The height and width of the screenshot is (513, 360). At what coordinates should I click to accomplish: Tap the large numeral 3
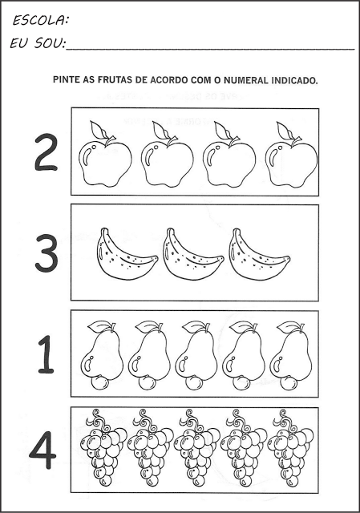tap(47, 252)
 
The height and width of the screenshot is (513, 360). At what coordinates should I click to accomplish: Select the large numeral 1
tap(46, 354)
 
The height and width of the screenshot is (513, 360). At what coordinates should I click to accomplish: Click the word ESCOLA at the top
tap(41, 21)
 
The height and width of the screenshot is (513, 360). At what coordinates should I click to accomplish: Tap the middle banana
tap(193, 255)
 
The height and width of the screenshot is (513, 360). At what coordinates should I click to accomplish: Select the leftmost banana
tap(127, 255)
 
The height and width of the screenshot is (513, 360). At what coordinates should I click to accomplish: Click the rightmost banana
tap(259, 255)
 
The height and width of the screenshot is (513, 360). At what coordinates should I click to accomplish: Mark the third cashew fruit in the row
tap(196, 356)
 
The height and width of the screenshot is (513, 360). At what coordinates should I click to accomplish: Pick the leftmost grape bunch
tap(103, 447)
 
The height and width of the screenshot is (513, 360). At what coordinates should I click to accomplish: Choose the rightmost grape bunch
tap(290, 447)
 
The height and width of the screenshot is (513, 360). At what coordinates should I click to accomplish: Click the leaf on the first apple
tap(98, 130)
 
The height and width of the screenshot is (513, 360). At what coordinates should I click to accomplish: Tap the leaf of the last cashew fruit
tap(288, 326)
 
